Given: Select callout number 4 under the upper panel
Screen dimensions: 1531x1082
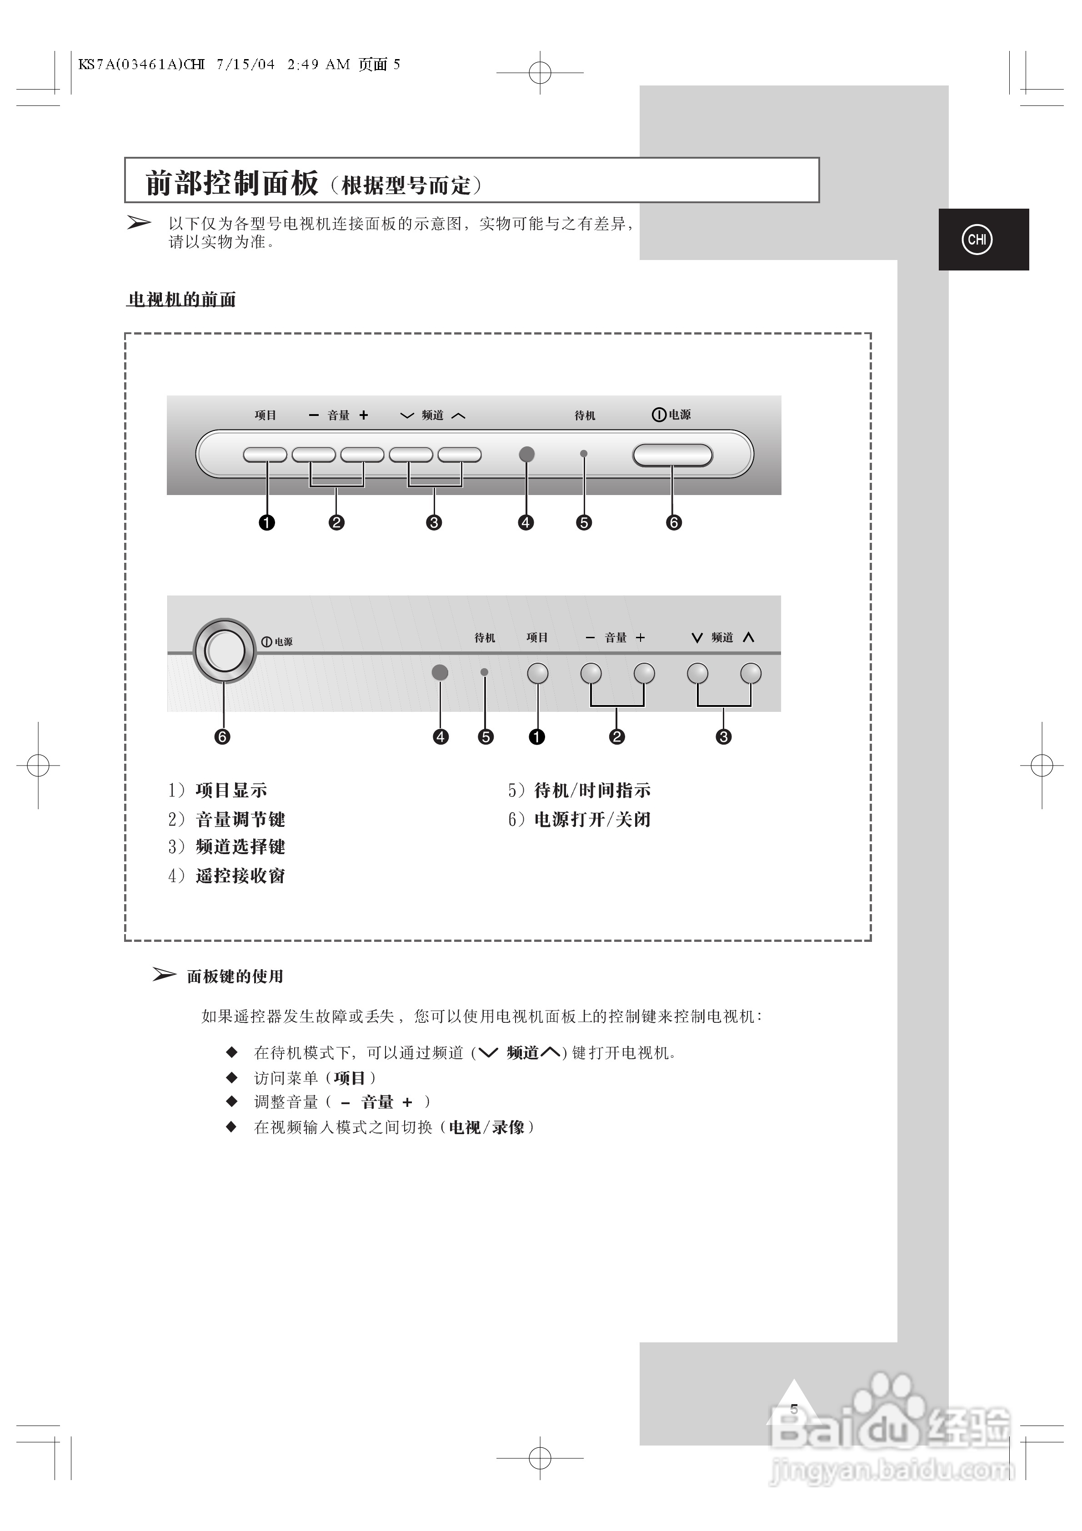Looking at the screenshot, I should (x=526, y=523).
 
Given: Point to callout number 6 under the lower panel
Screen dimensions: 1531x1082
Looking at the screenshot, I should (x=222, y=737).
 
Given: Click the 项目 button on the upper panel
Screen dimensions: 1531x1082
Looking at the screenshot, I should (x=265, y=455).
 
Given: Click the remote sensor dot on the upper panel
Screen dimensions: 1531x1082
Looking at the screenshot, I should (x=526, y=454).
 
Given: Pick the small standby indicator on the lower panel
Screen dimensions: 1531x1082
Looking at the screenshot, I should (x=484, y=672).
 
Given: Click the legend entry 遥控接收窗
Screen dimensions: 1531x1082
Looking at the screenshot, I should (x=240, y=876).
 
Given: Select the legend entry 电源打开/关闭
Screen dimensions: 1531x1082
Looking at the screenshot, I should (x=592, y=820).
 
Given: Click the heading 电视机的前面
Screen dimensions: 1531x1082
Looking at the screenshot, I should (x=181, y=300).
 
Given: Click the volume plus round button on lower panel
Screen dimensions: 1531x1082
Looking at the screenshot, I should (x=644, y=674).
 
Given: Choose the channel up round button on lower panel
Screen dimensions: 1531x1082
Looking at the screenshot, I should (x=751, y=674).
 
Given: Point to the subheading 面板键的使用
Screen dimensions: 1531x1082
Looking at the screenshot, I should (x=235, y=977).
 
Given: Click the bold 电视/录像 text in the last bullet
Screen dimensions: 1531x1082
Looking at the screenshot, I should (x=486, y=1127).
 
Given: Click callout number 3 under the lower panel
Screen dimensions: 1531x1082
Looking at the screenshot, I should (x=723, y=737).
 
